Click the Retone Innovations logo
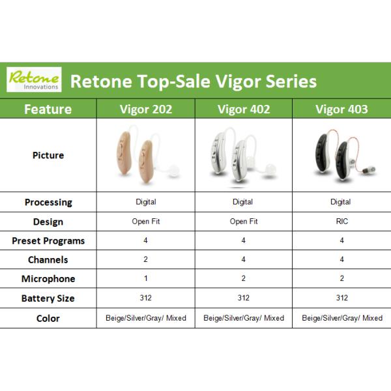pyautogui.click(x=34, y=80)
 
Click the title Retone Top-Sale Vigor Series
pyautogui.click(x=193, y=81)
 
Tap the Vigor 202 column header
pyautogui.click(x=146, y=109)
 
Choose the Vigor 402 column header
pyautogui.click(x=243, y=109)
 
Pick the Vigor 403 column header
pyautogui.click(x=341, y=109)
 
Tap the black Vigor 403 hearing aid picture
pyautogui.click(x=336, y=157)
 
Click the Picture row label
pyautogui.click(x=48, y=155)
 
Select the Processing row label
pyautogui.click(x=48, y=202)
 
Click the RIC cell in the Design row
pyautogui.click(x=342, y=222)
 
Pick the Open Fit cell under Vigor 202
pyautogui.click(x=146, y=222)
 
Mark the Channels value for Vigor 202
pyautogui.click(x=146, y=259)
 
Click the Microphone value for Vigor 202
pyautogui.click(x=146, y=278)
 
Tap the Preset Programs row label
pyautogui.click(x=48, y=240)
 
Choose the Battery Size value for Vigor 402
pyautogui.click(x=243, y=298)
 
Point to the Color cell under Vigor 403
pyautogui.click(x=342, y=318)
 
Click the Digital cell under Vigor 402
pyautogui.click(x=243, y=202)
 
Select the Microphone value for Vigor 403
pyautogui.click(x=342, y=278)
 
